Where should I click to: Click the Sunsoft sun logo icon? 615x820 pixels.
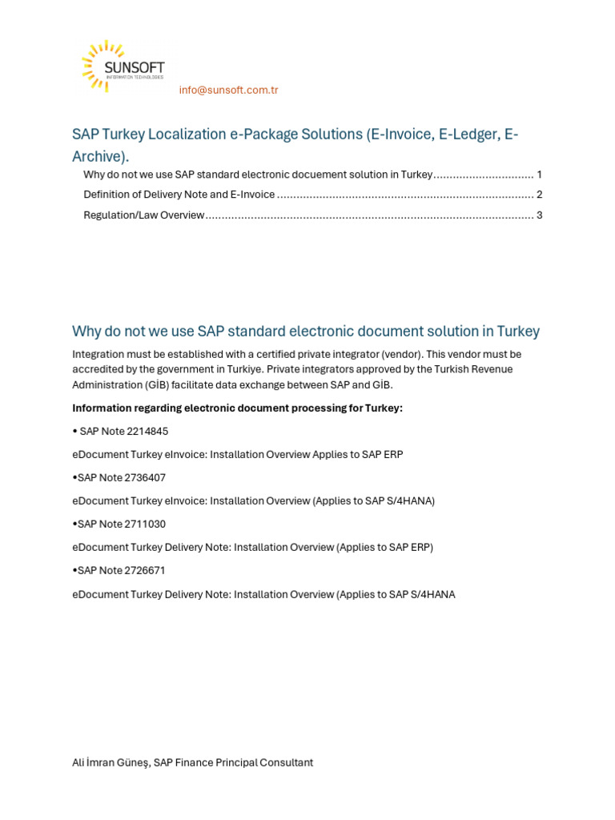100,65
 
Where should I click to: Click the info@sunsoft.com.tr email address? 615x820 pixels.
228,90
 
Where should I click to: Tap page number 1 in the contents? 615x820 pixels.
540,175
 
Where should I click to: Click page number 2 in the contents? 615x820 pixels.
540,195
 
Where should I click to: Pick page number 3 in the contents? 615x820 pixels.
540,215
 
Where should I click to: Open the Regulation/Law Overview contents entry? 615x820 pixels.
144,215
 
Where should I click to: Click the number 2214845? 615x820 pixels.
147,431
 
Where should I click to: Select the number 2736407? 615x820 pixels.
145,477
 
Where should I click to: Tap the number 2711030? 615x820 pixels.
145,524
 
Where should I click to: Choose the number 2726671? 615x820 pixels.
145,570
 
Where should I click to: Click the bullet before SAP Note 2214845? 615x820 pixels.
74,431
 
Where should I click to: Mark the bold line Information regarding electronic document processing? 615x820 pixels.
237,408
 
